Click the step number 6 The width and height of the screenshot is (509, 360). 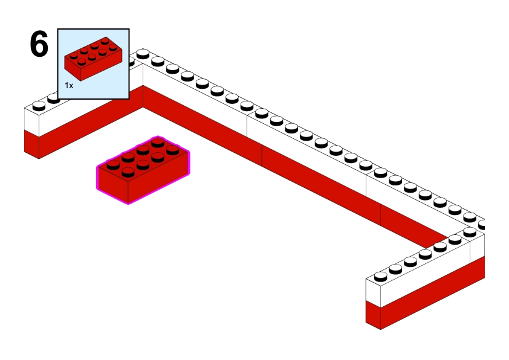point(39,45)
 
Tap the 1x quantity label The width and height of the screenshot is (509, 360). point(69,86)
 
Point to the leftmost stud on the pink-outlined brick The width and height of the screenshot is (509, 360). point(113,163)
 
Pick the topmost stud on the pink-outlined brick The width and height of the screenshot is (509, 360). point(158,142)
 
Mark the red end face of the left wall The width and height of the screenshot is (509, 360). point(31,145)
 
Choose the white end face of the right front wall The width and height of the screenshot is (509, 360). point(373,291)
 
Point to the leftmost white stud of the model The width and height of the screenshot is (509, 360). point(39,106)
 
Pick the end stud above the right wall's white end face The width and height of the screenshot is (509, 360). point(380,277)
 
